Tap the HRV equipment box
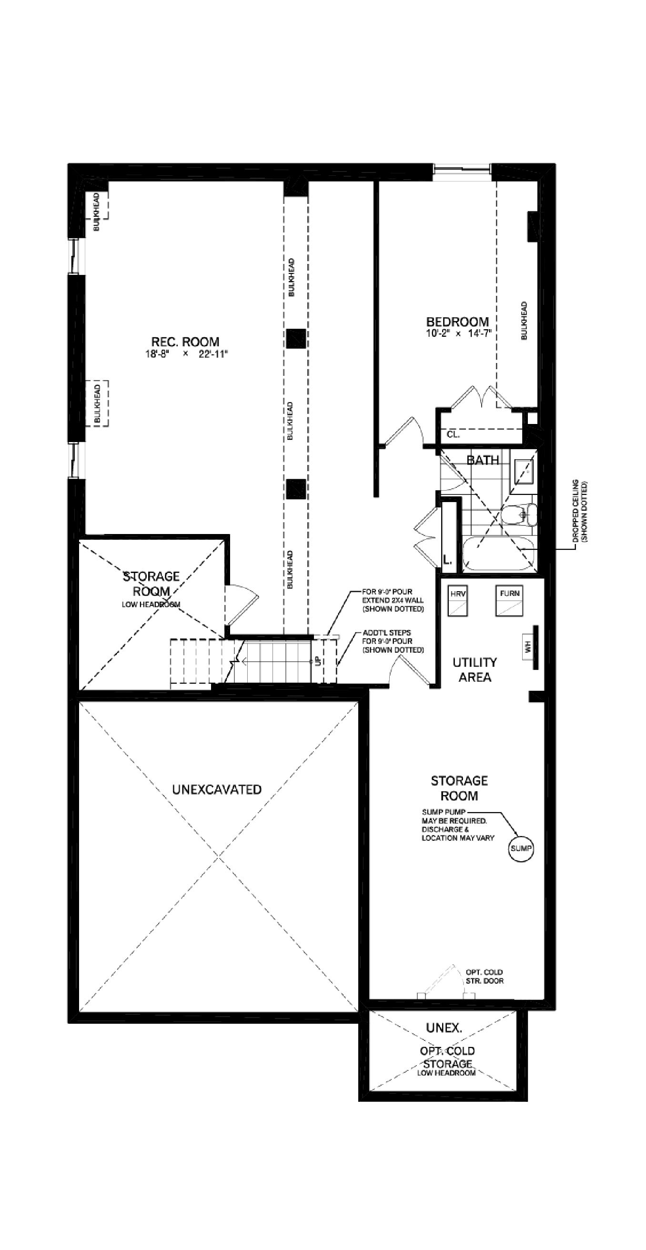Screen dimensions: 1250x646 pos(457,601)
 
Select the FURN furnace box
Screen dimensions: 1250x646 pos(509,601)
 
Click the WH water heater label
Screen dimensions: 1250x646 pos(528,647)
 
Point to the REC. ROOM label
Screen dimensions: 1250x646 pos(185,342)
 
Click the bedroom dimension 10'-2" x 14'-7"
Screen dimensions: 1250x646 pos(459,333)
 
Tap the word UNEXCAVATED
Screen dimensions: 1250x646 pos(216,789)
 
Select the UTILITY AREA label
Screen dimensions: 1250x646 pos(474,670)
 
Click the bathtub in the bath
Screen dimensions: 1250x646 pos(498,554)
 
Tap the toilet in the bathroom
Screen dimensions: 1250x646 pos(519,515)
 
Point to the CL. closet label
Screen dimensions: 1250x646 pos(453,434)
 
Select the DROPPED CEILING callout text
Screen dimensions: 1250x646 pos(579,511)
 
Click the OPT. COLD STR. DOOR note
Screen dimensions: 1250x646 pos(484,976)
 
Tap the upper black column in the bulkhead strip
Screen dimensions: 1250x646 pos(295,338)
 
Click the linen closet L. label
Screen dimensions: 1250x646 pos(447,559)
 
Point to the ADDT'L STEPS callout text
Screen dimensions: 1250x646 pos(393,641)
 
